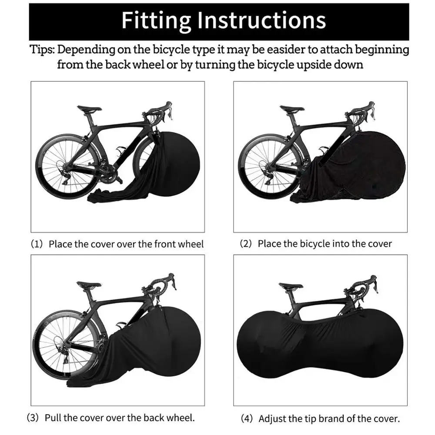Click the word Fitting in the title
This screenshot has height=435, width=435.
(x=155, y=20)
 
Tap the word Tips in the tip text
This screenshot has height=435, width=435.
(x=42, y=49)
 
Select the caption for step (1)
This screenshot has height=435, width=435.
(x=117, y=244)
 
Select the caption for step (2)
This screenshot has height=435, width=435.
(x=316, y=244)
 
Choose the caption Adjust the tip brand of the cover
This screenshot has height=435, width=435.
(x=321, y=419)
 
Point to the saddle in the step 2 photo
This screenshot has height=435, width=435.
(x=292, y=109)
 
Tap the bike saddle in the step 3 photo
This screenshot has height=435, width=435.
(x=89, y=285)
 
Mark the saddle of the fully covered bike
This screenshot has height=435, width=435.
(x=291, y=286)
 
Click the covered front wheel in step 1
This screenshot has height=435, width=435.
(x=176, y=165)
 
